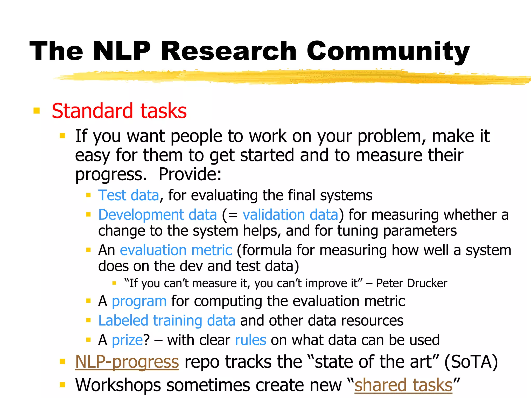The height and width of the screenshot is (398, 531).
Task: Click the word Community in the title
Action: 388,51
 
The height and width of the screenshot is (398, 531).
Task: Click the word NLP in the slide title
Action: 122,51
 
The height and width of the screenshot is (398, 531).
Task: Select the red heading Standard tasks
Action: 119,111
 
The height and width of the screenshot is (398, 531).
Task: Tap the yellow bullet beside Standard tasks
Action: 37,111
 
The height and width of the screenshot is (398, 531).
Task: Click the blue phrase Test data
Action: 129,195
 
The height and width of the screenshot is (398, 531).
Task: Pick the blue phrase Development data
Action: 157,215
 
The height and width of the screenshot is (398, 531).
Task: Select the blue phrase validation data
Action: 290,215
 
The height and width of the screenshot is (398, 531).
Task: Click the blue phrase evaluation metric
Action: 176,250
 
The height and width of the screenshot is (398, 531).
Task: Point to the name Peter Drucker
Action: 411,283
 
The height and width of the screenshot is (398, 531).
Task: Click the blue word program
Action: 139,301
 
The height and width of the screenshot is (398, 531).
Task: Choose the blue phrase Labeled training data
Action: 167,321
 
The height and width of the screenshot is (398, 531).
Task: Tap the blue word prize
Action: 127,340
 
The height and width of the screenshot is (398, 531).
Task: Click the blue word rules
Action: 250,340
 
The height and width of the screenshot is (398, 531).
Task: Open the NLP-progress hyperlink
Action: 127,362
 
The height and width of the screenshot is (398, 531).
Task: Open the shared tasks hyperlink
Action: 403,385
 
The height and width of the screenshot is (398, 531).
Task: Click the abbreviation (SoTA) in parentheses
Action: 471,362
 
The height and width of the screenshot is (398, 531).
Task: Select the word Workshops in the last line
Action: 118,385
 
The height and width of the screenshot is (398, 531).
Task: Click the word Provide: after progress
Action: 190,174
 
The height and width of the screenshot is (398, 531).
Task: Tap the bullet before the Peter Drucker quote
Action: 114,283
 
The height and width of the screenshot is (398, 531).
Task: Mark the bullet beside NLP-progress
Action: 62,361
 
